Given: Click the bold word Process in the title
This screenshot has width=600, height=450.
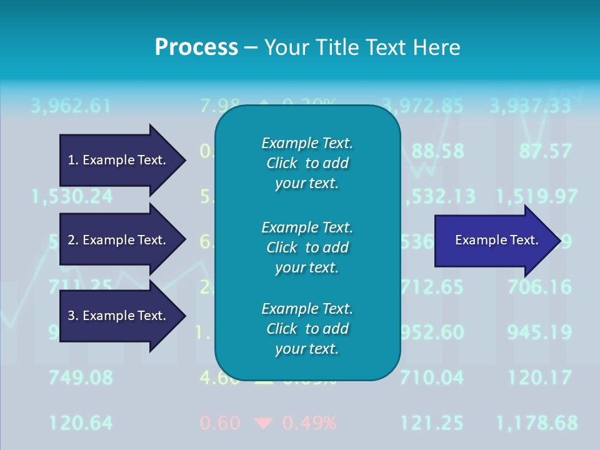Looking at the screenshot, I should click(x=196, y=47).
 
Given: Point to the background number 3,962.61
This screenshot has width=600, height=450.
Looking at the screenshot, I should click(x=71, y=106).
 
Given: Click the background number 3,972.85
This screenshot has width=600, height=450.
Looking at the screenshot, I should click(x=422, y=106).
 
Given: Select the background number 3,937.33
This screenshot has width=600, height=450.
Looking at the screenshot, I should click(x=531, y=106).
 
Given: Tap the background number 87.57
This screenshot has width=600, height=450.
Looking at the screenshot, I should click(x=545, y=151).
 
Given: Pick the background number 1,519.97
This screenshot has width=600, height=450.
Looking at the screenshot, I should click(x=537, y=197).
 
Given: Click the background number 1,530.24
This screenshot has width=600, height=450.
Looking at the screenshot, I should click(x=72, y=197).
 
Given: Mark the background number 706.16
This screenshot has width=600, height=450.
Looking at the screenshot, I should click(x=539, y=287).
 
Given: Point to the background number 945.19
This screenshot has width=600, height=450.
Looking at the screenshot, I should click(x=539, y=332).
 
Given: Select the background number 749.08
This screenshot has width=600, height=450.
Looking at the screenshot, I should click(x=81, y=377).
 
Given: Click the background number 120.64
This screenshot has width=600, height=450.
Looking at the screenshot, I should click(x=81, y=423).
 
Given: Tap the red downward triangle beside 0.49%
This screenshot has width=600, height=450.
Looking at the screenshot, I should click(x=263, y=424).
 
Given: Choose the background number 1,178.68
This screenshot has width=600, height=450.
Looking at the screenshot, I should click(x=537, y=423).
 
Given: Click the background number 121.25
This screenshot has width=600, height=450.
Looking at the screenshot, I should click(x=432, y=423).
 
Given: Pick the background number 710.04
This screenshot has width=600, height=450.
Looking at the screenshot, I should click(x=432, y=377).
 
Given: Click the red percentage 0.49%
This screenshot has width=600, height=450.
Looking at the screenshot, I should click(x=309, y=423).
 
